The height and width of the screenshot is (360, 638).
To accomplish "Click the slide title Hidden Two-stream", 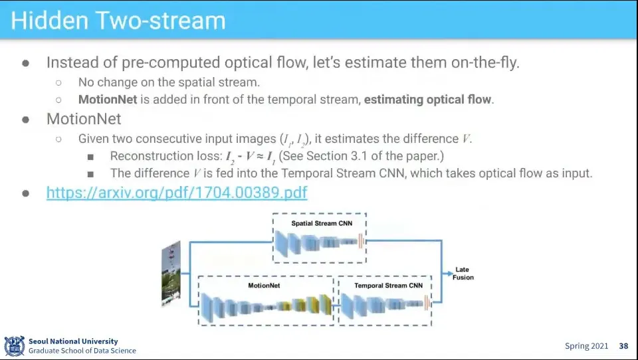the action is pyautogui.click(x=118, y=21).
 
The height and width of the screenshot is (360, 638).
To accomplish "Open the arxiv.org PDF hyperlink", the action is pyautogui.click(x=177, y=192).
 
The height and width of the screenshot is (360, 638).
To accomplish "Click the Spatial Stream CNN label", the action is pyautogui.click(x=322, y=223).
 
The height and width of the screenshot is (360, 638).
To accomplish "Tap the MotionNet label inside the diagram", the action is pyautogui.click(x=264, y=286).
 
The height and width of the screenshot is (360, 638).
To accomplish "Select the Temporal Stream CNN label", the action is pyautogui.click(x=388, y=286).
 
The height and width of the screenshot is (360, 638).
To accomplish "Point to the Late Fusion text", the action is pyautogui.click(x=463, y=274).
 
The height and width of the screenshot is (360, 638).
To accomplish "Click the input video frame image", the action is pyautogui.click(x=171, y=273).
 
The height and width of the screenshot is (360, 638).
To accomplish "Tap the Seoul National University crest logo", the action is pyautogui.click(x=14, y=346).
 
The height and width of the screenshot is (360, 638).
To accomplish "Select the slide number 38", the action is pyautogui.click(x=623, y=346).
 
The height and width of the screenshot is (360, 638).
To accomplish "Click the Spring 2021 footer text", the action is pyautogui.click(x=586, y=346).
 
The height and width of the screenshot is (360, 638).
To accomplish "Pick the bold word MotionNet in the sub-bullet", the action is pyautogui.click(x=108, y=100).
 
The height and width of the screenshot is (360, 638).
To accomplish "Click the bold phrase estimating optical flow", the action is pyautogui.click(x=427, y=100).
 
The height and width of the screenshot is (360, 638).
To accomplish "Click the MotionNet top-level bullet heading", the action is pyautogui.click(x=84, y=119).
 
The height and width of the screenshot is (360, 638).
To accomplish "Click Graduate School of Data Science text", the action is pyautogui.click(x=82, y=351).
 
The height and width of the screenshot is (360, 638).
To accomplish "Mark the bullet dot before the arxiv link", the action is pyautogui.click(x=26, y=193).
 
